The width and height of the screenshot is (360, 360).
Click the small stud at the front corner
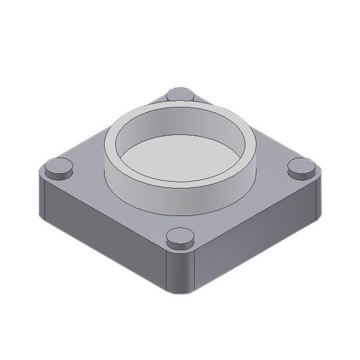click(180, 238)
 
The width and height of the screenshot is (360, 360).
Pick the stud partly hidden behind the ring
click(180, 94)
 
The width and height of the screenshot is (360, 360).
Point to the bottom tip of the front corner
click(180, 293)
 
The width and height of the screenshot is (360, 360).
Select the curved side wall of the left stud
click(59, 175)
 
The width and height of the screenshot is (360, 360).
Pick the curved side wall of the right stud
click(301, 175)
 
